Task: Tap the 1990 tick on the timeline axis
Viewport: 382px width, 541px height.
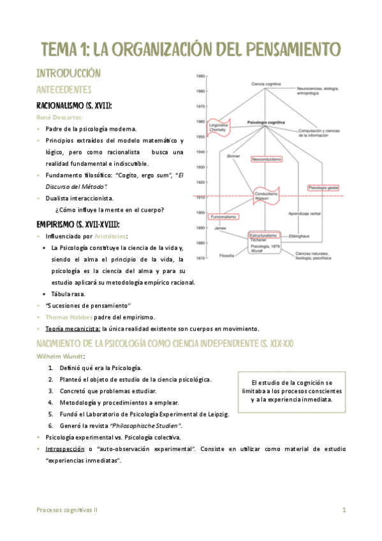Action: point(200,76)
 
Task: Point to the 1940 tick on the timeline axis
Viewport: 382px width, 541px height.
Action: point(200,152)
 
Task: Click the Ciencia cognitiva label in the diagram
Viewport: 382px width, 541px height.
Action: point(266,84)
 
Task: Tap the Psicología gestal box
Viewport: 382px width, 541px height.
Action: point(324,188)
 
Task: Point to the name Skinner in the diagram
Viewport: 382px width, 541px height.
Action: point(233,155)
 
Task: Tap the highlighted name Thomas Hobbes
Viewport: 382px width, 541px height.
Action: point(68,317)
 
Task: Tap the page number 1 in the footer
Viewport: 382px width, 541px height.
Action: point(344,510)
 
